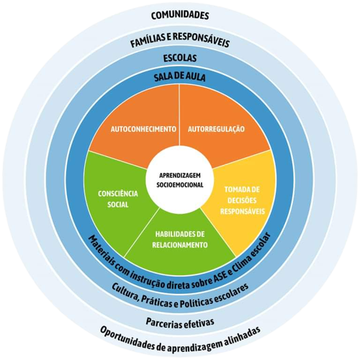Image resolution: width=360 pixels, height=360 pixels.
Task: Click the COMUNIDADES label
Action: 180,15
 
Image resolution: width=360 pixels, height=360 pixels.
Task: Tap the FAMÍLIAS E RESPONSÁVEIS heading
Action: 180,40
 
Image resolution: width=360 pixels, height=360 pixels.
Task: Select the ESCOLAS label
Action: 180,58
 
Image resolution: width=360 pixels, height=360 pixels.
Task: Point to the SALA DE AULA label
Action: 180,77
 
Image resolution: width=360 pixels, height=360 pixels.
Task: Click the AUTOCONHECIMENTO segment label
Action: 143,129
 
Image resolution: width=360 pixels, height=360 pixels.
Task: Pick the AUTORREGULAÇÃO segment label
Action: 216,129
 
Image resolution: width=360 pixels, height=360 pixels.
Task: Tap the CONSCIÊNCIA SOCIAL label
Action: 118,199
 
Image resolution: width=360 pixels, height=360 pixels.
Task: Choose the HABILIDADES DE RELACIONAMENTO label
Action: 180,240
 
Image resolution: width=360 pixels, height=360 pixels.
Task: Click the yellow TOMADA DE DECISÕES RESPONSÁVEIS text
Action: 243,200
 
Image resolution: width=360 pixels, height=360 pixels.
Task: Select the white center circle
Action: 179,181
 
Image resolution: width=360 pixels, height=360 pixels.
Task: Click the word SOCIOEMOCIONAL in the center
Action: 180,185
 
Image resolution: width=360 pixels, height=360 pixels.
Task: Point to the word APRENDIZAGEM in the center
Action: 180,176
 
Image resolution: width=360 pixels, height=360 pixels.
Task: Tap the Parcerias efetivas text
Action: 180,323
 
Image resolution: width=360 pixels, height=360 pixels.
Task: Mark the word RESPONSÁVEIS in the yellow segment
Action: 243,211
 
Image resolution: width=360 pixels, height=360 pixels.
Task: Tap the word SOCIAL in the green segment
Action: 118,204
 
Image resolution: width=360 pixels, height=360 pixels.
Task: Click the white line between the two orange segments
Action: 180,114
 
